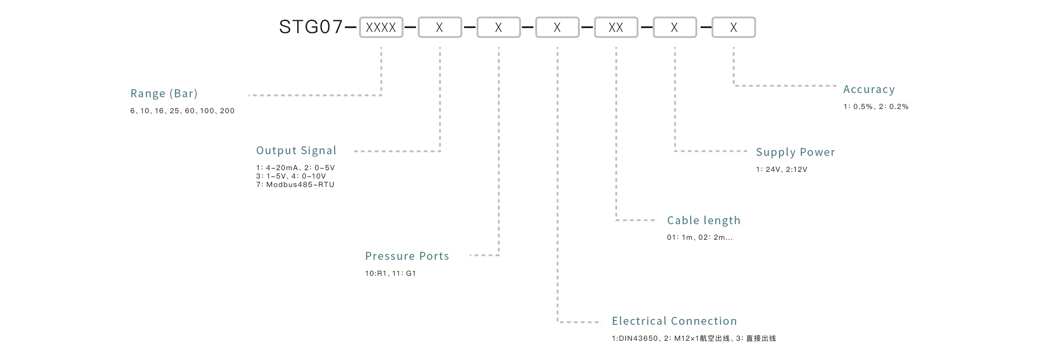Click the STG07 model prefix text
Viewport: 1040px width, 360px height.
point(311,27)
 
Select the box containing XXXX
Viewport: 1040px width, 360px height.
point(381,28)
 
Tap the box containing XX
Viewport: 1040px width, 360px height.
point(616,28)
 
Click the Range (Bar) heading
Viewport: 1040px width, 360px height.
point(164,93)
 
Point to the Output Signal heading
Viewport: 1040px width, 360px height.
point(296,150)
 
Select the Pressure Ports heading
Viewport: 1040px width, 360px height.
point(407,256)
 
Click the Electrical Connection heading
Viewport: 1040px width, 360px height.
point(674,321)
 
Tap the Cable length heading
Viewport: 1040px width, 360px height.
point(703,220)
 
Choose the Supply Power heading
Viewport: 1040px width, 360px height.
point(795,152)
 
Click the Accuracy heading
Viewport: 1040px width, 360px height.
point(869,89)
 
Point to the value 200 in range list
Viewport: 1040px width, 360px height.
point(227,111)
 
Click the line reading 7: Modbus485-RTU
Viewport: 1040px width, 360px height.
point(295,185)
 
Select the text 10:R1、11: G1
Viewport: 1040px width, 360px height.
point(390,274)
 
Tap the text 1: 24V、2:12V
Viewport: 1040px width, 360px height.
point(781,170)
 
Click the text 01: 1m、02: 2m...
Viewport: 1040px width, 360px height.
point(699,238)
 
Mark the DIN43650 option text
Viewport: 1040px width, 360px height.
point(635,339)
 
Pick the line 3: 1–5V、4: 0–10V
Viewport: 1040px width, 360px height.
point(291,176)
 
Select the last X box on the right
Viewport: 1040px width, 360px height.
point(733,28)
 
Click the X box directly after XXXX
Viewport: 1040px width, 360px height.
point(439,28)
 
